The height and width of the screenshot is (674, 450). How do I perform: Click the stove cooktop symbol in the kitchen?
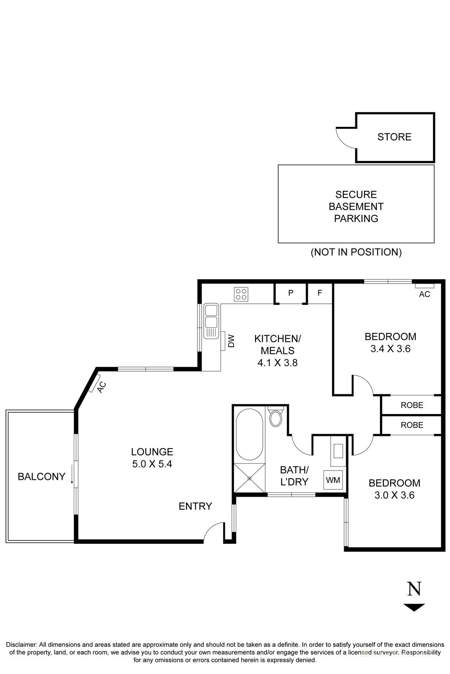click(242, 294)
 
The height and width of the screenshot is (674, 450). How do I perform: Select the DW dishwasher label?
click(231, 341)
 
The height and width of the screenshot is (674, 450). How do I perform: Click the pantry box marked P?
click(291, 293)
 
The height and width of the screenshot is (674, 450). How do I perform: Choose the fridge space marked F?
click(320, 293)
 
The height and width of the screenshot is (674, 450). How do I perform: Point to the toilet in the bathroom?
click(276, 418)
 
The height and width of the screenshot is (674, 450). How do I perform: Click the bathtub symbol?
click(249, 434)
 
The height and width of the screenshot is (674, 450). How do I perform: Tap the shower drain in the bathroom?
click(249, 478)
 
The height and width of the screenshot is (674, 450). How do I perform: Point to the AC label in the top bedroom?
click(424, 294)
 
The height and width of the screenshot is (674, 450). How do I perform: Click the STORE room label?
click(394, 137)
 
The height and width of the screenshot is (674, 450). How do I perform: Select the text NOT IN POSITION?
click(356, 252)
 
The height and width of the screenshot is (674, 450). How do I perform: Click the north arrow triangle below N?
click(414, 607)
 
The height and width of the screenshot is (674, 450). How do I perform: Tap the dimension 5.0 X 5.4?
click(152, 464)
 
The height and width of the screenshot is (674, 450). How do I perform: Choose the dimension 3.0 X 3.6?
click(394, 495)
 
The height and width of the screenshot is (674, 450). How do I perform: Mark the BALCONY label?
click(41, 476)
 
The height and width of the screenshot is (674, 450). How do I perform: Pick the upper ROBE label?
click(412, 405)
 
